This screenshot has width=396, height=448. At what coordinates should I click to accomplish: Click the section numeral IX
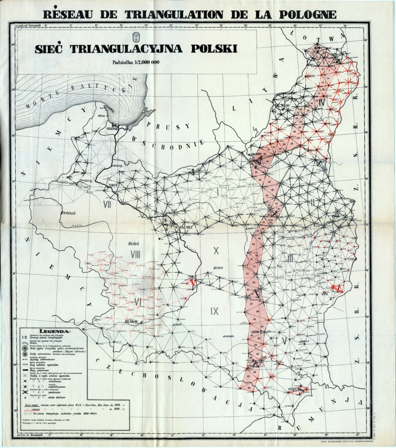click(x=215, y=311)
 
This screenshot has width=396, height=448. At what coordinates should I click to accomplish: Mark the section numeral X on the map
click(x=215, y=251)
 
